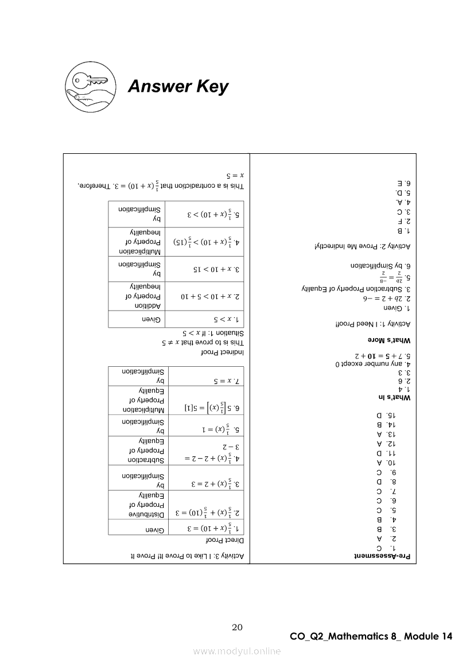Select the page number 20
click(x=237, y=627)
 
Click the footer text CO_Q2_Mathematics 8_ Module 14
click(x=371, y=637)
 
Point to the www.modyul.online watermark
click(x=237, y=651)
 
